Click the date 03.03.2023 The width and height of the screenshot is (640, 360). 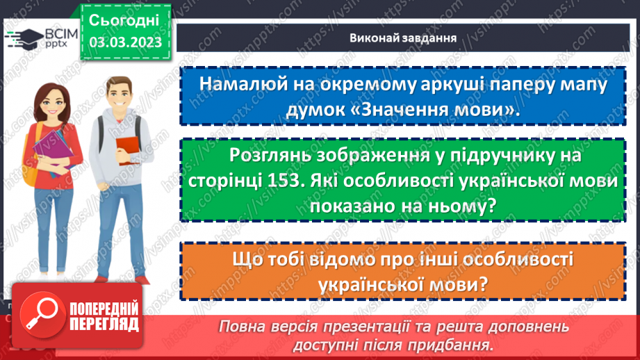pos(125,42)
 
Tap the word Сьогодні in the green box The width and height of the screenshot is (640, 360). pos(125,19)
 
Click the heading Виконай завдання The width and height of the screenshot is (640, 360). pos(403,38)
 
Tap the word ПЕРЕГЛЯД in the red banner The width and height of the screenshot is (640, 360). pos(104,325)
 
